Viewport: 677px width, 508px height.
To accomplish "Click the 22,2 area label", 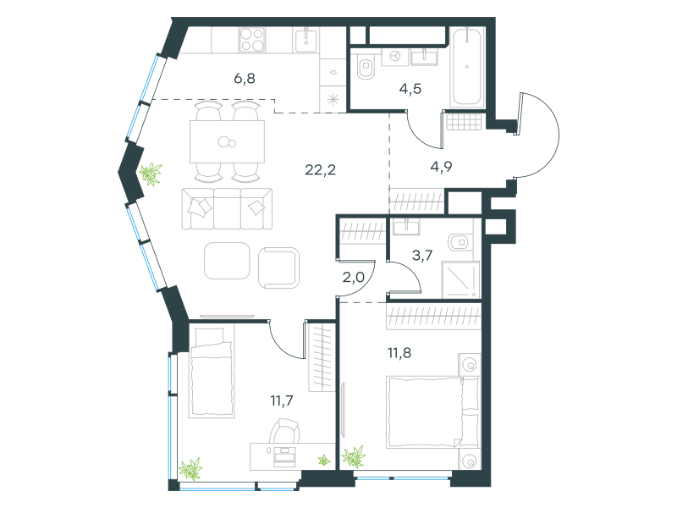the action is click(x=320, y=170).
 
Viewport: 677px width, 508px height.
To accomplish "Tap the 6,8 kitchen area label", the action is click(x=245, y=78).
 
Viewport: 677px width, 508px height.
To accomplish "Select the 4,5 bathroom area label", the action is click(x=410, y=89).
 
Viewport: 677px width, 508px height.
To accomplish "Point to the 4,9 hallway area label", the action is click(x=441, y=166).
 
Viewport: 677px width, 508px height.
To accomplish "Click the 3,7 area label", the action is click(x=422, y=255).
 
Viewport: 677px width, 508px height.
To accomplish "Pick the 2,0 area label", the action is click(x=353, y=277).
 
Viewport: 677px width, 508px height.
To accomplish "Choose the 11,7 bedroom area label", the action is click(x=282, y=400).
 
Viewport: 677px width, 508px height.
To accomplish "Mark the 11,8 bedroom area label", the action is click(x=399, y=353).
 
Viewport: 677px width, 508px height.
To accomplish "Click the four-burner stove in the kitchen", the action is click(x=251, y=40).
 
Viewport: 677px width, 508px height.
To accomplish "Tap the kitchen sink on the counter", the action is click(x=306, y=40).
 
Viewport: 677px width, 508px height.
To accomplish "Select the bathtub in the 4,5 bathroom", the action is click(x=467, y=66).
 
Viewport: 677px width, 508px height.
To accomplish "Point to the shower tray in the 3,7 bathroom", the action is click(x=461, y=280).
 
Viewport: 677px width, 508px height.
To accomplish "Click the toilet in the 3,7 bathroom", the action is click(x=459, y=242).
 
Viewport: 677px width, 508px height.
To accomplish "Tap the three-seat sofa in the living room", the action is click(x=227, y=208).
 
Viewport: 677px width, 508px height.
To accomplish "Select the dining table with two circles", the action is click(x=227, y=141).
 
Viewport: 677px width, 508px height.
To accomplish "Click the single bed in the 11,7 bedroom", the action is click(x=212, y=373).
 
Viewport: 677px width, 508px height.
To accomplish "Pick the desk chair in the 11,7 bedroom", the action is click(x=284, y=431).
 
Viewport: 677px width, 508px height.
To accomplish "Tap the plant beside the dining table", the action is click(x=151, y=174).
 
